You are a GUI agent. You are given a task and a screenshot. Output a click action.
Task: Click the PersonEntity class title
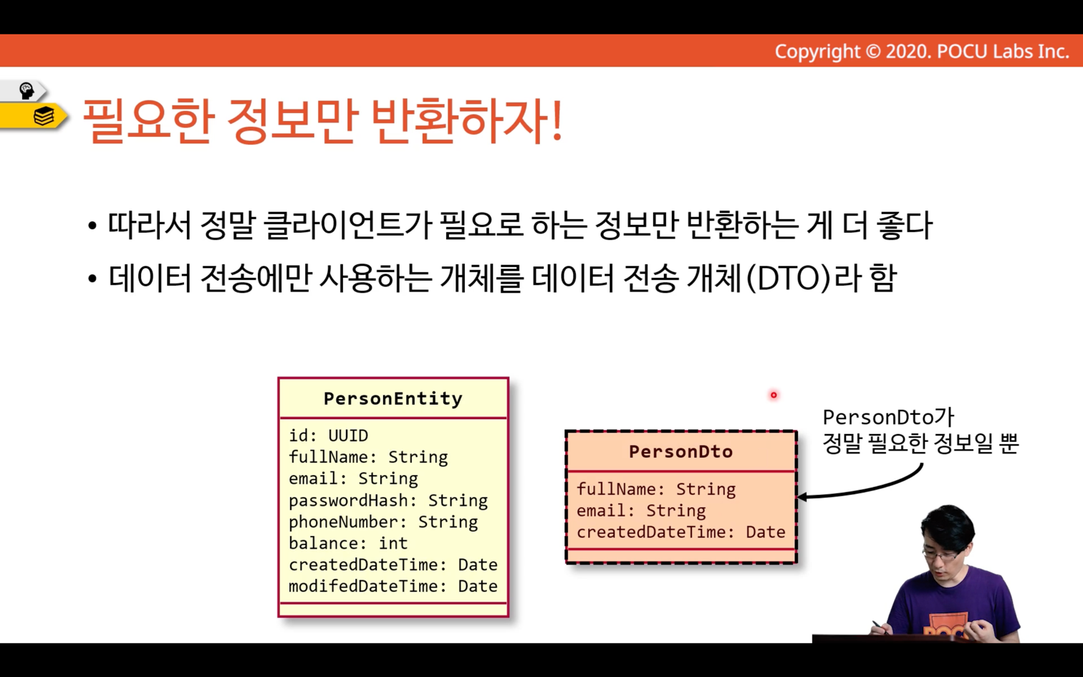(393, 399)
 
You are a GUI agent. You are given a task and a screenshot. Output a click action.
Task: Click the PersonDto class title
(680, 451)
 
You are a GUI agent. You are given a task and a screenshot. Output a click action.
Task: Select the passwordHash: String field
(388, 501)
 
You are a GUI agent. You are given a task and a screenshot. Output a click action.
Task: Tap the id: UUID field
(328, 436)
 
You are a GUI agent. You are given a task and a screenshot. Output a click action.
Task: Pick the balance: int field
(348, 544)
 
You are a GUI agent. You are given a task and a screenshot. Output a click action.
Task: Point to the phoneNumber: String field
(383, 522)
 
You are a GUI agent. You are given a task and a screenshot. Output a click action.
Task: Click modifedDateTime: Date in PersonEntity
(393, 587)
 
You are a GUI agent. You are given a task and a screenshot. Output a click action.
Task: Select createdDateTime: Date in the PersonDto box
(680, 532)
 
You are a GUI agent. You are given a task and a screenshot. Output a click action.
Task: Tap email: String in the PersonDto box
(641, 511)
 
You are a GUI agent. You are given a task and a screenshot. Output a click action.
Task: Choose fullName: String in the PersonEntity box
(368, 458)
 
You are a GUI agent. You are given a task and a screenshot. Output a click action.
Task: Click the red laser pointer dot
(774, 395)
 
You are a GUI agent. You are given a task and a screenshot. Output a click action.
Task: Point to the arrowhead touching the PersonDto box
(802, 496)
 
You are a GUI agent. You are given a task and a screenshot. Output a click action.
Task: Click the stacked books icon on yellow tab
(44, 116)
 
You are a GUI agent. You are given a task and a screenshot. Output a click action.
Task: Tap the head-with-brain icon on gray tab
(26, 90)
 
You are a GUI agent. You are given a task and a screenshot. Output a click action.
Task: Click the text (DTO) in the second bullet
(789, 279)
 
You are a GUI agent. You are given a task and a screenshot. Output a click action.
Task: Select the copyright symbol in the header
(872, 51)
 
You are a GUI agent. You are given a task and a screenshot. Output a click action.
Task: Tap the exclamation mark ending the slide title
(556, 120)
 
